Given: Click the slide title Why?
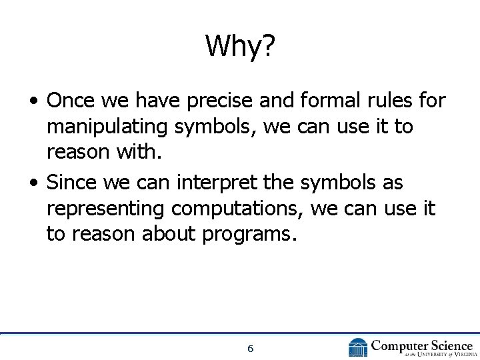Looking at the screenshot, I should click(x=240, y=46).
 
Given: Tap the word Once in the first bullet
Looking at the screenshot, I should click(x=71, y=101).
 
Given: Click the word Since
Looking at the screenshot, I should click(x=71, y=182).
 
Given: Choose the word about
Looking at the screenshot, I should click(x=170, y=234).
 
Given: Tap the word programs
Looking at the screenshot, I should click(x=252, y=235).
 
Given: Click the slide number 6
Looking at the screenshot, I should click(x=250, y=349).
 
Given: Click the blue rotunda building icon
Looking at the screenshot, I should click(x=358, y=347).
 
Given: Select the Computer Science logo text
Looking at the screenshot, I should click(x=421, y=345).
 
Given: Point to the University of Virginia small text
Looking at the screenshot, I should click(x=427, y=354).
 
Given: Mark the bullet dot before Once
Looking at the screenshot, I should click(x=33, y=102).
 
